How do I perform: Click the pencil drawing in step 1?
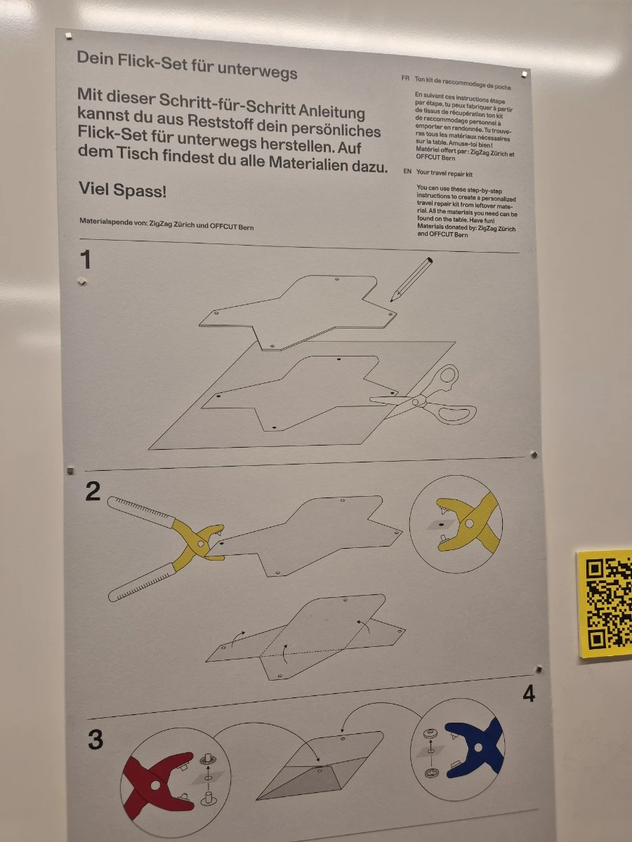(412, 280)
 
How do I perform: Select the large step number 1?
(86, 260)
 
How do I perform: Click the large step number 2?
(93, 491)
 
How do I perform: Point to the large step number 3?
(96, 739)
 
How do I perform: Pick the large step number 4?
(529, 693)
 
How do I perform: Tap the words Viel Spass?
(122, 189)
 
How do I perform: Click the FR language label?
(405, 78)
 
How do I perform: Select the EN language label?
(407, 171)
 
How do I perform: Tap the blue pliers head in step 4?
(475, 747)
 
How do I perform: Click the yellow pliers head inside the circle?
(469, 523)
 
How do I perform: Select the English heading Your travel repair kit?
(445, 173)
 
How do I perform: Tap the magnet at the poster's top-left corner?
(69, 36)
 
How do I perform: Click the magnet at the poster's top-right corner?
(524, 73)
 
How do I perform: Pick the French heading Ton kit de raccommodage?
(462, 83)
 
